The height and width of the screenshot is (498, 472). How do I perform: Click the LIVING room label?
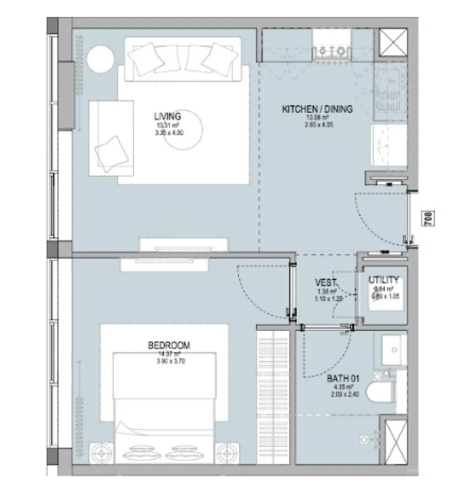(x=167, y=116)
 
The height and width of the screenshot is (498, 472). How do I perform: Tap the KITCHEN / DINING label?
(x=317, y=109)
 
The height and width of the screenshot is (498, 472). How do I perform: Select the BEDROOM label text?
(x=169, y=345)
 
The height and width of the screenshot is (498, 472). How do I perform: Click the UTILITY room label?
(x=383, y=279)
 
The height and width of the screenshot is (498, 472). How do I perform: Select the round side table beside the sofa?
(x=101, y=59)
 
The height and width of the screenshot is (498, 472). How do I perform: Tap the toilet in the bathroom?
(x=379, y=392)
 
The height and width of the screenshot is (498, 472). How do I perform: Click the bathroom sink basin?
(x=394, y=350)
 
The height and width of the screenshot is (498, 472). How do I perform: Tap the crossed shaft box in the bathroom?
(x=396, y=441)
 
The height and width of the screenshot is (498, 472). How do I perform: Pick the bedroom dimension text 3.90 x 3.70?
(x=169, y=361)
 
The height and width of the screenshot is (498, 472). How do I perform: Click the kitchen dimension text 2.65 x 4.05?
(x=317, y=124)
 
